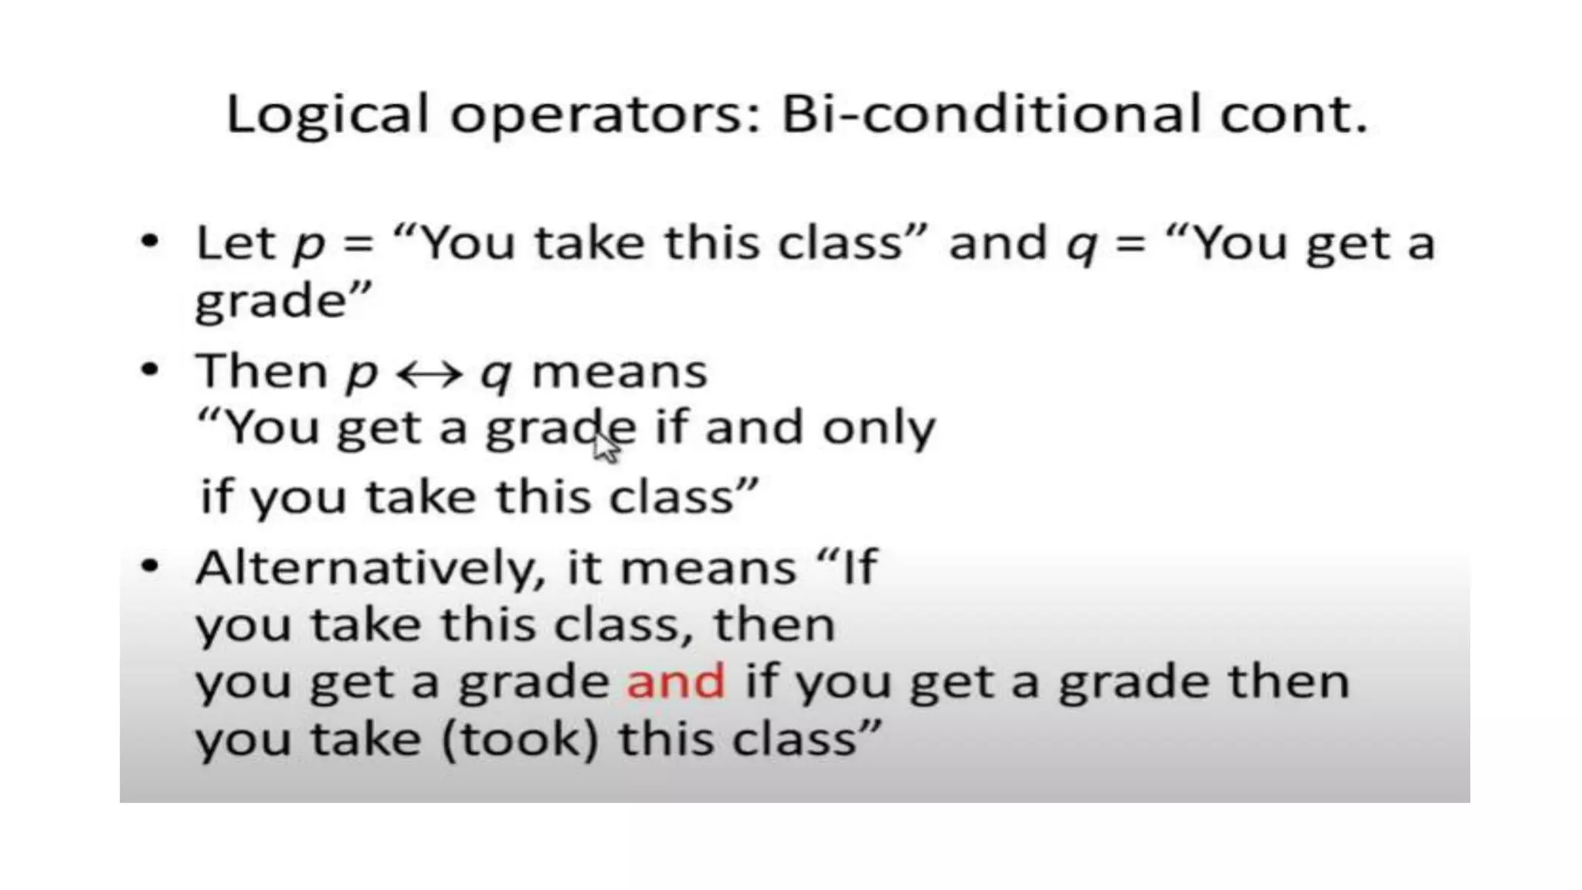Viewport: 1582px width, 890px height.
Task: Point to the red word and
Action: coord(676,681)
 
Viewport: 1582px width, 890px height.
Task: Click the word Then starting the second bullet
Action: coord(261,371)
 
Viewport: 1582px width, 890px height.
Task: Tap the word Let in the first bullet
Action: coord(236,243)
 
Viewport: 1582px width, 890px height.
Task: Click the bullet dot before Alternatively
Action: coord(150,566)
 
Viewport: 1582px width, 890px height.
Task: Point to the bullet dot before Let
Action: coord(150,241)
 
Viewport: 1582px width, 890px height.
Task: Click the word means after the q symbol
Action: coord(620,372)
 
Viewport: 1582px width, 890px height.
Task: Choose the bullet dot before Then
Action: coord(150,369)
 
